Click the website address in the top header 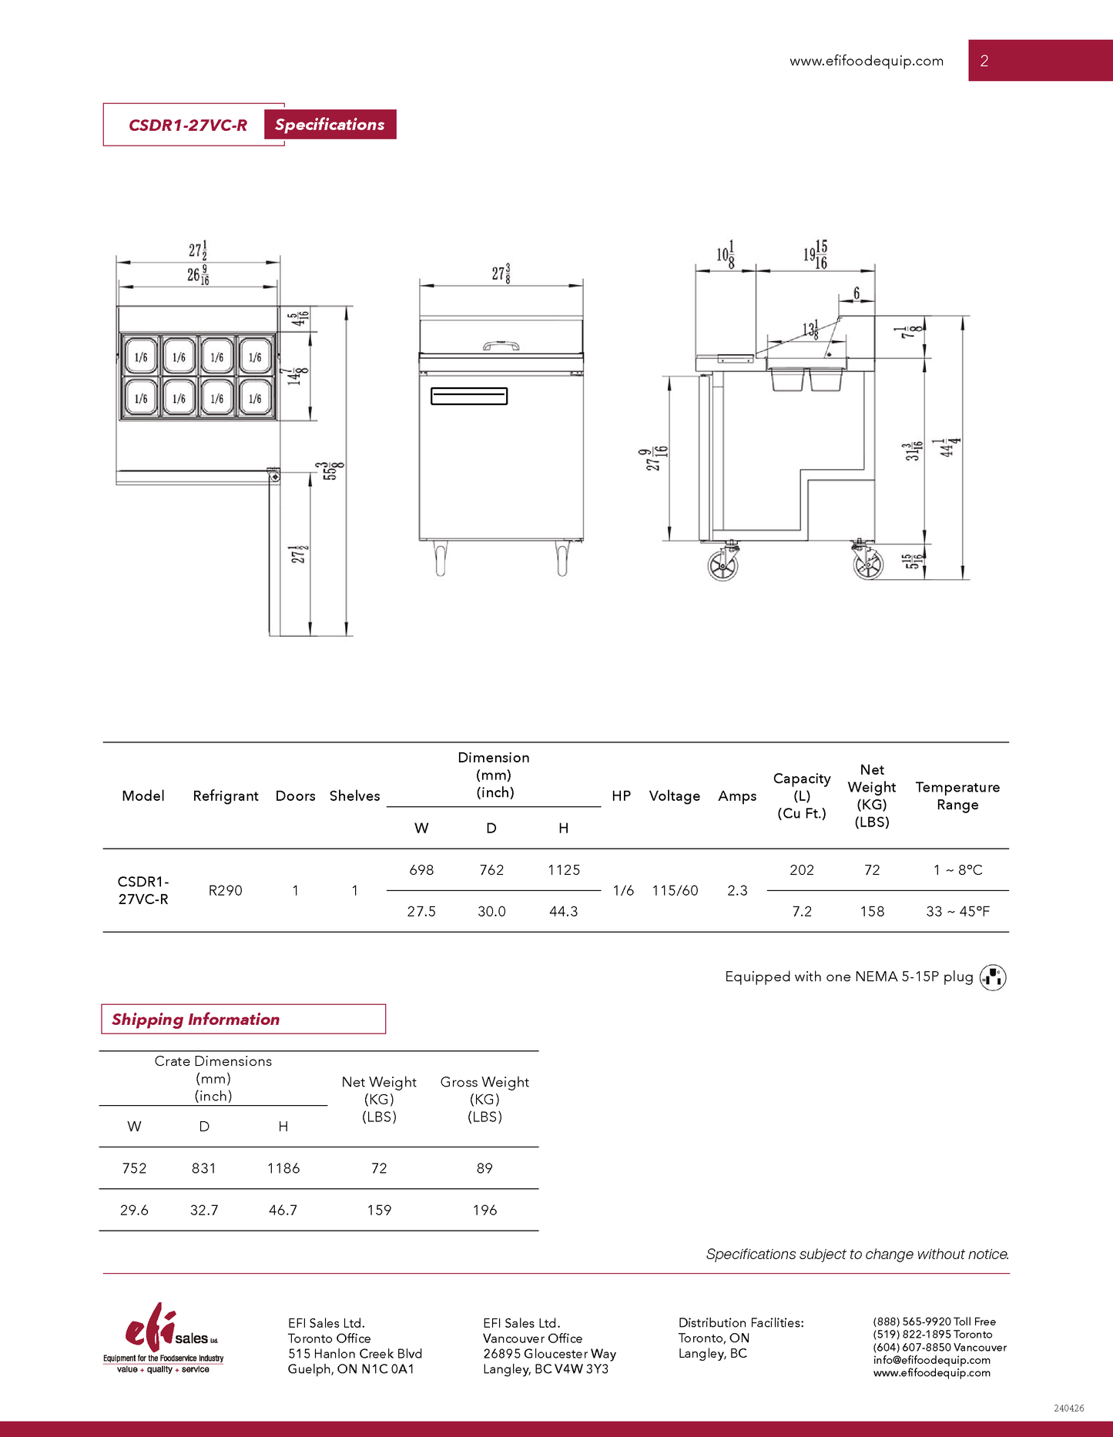pos(866,61)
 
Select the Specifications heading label pos(330,125)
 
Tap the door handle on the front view pos(468,396)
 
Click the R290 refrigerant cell pos(225,890)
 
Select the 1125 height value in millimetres pos(564,869)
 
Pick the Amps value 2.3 pos(737,890)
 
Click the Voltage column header pos(674,796)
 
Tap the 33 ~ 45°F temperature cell pos(957,911)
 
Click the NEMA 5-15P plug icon pos(993,976)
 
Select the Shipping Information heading pos(196,1019)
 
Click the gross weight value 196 pos(484,1210)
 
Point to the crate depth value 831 pos(203,1168)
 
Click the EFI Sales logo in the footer pos(163,1338)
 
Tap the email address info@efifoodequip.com pos(931,1360)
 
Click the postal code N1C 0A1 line pos(351,1369)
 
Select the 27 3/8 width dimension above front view pos(501,273)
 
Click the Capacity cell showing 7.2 pos(802,911)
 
